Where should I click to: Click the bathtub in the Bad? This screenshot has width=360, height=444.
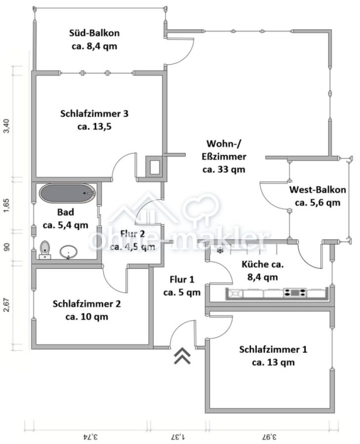67,193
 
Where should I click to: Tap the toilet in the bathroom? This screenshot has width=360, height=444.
45,249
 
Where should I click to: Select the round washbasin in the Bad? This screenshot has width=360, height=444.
68,253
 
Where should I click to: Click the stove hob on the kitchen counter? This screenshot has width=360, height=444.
295,293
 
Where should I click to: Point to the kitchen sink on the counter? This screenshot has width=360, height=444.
235,294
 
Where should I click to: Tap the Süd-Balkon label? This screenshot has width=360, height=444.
94,40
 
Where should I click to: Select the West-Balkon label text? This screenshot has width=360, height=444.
317,196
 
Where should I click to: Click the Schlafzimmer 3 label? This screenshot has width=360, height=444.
94,120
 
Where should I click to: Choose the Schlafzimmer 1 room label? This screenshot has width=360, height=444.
273,356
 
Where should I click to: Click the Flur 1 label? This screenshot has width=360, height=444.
182,286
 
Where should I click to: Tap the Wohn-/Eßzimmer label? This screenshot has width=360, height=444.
224,156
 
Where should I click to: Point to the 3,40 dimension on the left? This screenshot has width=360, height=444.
6,126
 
